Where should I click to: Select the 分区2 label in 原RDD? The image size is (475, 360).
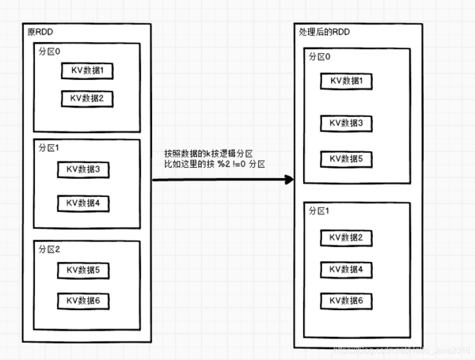pos(50,248)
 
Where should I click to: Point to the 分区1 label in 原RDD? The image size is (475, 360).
pos(50,148)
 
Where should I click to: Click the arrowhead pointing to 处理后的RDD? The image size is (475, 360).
pos(287,180)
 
